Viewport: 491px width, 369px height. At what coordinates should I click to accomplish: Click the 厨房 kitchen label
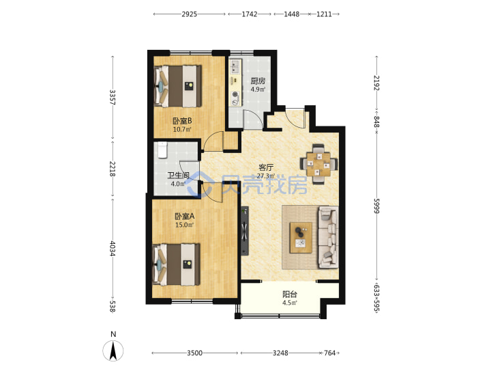point(258,81)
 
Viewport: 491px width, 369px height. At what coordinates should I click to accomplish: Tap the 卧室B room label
point(182,121)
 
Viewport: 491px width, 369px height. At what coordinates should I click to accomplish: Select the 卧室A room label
point(184,216)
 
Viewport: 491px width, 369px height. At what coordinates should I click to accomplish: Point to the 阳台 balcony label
point(290,295)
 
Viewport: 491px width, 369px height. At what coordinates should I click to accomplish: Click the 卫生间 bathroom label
point(178,176)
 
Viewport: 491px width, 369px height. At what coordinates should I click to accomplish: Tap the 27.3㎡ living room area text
point(266,176)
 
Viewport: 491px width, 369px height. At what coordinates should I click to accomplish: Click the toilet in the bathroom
point(162,150)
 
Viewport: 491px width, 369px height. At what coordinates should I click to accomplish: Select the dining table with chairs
point(318,164)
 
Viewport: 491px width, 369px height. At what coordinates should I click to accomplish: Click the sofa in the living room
point(328,238)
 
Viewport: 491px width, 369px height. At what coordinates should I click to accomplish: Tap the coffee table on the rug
point(301,238)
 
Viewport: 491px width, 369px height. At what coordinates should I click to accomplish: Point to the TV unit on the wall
point(245,231)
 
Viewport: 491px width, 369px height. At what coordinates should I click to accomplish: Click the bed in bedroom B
point(177,86)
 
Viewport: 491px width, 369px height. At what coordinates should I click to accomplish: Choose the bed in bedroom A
point(177,264)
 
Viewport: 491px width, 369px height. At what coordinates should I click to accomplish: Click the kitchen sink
point(235,66)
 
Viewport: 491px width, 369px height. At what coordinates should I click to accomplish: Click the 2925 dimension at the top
point(190,14)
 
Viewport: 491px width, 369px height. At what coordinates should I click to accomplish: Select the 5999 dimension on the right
point(376,206)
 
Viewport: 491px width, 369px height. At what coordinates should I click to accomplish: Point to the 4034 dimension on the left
point(113,249)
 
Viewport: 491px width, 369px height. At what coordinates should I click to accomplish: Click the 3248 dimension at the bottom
point(280,353)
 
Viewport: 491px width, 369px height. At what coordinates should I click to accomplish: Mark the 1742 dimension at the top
point(250,14)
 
